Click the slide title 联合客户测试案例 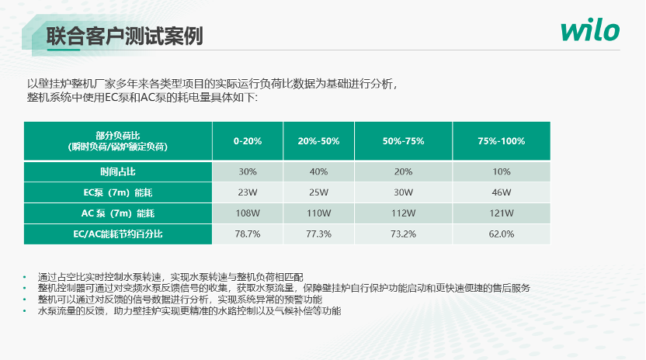click(124, 36)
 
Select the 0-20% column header click(248, 141)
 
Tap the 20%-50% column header click(318, 141)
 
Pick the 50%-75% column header click(403, 141)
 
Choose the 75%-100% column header click(502, 141)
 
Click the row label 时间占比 click(118, 171)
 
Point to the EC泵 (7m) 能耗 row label click(118, 192)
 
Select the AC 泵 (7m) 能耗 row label click(118, 213)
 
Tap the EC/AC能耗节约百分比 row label click(118, 234)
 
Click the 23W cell click(248, 192)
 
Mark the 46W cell click(502, 192)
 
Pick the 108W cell click(248, 213)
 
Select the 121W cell click(502, 213)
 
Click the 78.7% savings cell click(248, 234)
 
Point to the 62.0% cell click(502, 234)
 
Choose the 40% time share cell click(318, 171)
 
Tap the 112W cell click(403, 213)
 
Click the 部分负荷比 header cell click(118, 141)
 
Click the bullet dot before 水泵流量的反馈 click(25, 311)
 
